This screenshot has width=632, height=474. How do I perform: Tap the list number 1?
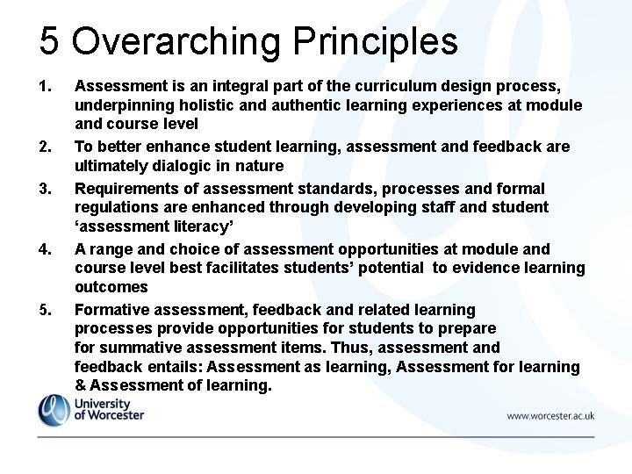pyautogui.click(x=46, y=86)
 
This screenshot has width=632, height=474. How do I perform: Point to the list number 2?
pyautogui.click(x=46, y=147)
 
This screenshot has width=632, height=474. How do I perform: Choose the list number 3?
pyautogui.click(x=46, y=188)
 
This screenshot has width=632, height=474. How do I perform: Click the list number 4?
pyautogui.click(x=46, y=248)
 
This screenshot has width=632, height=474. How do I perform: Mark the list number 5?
pyautogui.click(x=46, y=309)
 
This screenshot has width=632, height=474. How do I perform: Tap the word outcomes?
pyautogui.click(x=111, y=287)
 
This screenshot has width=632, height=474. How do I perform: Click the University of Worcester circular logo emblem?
pyautogui.click(x=54, y=410)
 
